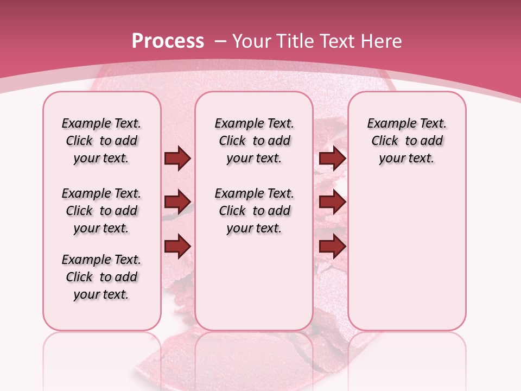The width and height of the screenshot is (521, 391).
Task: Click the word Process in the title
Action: [x=168, y=41]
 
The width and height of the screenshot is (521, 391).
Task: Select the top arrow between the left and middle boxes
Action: [x=177, y=159]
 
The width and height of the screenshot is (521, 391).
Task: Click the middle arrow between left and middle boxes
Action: [x=177, y=202]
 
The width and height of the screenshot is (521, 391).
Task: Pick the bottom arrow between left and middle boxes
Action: [x=177, y=246]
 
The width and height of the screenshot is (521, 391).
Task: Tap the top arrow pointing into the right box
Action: [x=332, y=159]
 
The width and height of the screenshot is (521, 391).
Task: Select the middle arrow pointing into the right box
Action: [x=332, y=202]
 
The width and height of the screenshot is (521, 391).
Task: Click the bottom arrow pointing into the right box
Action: [x=332, y=246]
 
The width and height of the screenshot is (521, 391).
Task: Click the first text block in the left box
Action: [x=101, y=141]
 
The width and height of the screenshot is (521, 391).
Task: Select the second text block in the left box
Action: [x=101, y=211]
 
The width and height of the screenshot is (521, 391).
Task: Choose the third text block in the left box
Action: [x=101, y=277]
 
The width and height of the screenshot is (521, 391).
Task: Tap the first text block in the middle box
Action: [x=254, y=141]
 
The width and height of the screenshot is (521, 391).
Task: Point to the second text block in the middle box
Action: [x=254, y=211]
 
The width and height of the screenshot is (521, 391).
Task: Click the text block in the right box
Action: [x=406, y=141]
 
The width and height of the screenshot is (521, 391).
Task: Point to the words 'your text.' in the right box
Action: [x=406, y=158]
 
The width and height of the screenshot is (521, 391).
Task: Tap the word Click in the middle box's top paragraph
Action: [x=232, y=141]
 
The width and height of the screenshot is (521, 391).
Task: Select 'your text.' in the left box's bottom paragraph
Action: [x=101, y=294]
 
